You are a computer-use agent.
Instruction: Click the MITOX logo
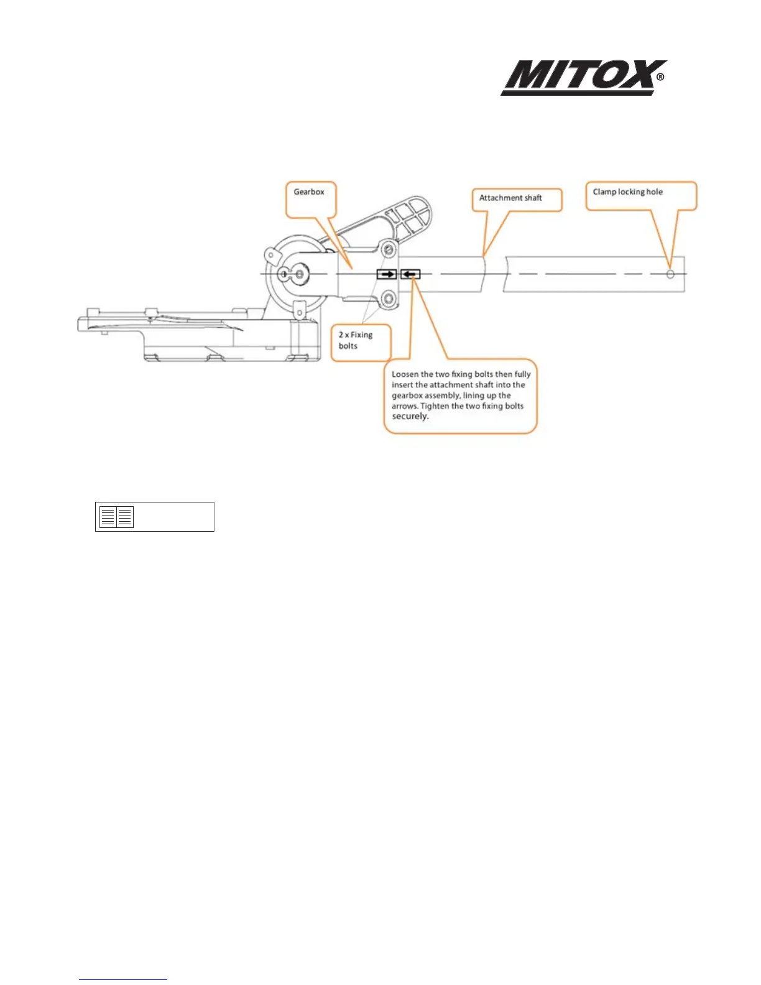578,77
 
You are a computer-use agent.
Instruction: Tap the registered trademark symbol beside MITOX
660,78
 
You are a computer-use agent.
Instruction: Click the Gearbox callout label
309,192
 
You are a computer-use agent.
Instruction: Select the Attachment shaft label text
510,198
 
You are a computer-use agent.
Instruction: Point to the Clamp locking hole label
628,192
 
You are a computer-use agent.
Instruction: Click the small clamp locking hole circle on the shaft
670,274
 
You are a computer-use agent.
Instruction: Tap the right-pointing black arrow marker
387,274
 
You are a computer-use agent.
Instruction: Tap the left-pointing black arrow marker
410,274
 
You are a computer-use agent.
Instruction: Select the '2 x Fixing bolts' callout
356,340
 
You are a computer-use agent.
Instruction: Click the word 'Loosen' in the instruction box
405,374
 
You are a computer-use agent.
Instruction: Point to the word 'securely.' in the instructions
410,417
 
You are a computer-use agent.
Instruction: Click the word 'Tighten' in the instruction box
435,406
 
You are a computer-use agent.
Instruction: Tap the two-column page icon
117,517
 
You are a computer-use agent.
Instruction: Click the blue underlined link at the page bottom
123,979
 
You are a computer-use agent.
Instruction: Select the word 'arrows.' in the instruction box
405,406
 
